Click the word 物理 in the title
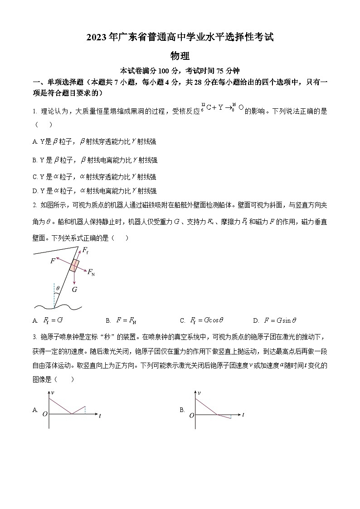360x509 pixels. (x=180, y=56)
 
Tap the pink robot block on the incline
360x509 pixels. (x=74, y=265)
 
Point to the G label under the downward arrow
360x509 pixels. (x=74, y=289)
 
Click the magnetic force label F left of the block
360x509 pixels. (x=53, y=261)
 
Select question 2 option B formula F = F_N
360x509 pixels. (x=126, y=320)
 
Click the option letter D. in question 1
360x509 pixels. (x=35, y=191)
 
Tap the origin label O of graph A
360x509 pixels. (x=44, y=414)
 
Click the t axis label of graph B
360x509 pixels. (x=243, y=415)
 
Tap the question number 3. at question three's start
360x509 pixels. (x=34, y=337)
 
